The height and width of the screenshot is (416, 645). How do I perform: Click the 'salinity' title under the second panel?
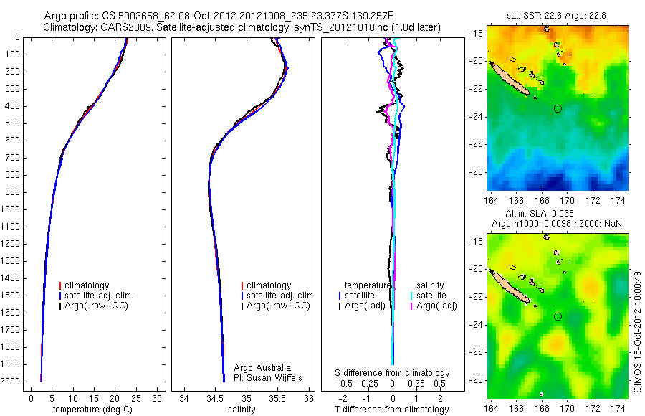[x=241, y=410]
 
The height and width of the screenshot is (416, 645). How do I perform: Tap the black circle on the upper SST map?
[x=558, y=108]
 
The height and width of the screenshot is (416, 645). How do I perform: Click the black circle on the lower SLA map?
[x=558, y=316]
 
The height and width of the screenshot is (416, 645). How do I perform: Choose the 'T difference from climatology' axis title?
[x=392, y=410]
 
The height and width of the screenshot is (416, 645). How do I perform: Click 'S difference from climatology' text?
[x=393, y=373]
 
